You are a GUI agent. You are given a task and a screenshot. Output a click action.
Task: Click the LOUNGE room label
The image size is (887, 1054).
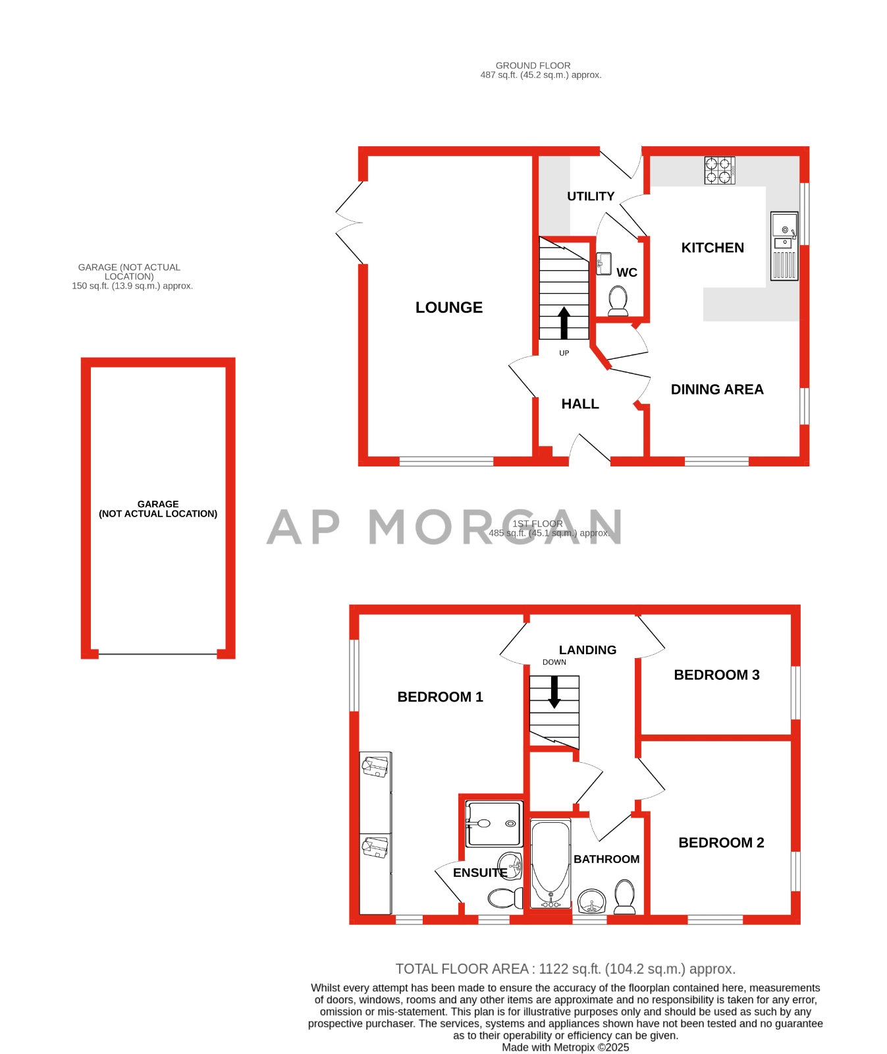point(448,308)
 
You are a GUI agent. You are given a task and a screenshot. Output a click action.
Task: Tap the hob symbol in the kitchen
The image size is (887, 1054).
point(719,170)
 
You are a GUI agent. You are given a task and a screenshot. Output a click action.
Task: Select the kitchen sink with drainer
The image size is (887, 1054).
point(784,246)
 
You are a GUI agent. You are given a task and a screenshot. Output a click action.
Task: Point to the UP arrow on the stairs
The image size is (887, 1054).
point(564,323)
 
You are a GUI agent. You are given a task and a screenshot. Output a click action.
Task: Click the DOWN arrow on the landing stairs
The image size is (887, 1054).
point(554,692)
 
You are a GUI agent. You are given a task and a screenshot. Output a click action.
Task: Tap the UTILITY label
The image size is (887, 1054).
point(590,196)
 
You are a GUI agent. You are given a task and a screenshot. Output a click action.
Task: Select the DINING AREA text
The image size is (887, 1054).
point(716,389)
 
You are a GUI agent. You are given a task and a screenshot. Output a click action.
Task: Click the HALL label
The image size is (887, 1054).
point(579,404)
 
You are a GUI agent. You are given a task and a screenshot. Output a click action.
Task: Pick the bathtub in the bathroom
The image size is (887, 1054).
point(551,864)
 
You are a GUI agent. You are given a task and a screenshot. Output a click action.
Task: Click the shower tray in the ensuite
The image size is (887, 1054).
point(494,823)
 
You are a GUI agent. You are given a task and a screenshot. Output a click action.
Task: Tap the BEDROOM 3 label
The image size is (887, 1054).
point(716,675)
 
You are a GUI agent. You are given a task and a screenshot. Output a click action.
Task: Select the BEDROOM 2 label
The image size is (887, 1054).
point(721,843)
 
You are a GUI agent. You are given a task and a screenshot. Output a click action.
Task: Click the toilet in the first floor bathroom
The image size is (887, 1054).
point(624,897)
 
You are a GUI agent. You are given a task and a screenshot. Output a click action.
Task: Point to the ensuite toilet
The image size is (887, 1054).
point(505,897)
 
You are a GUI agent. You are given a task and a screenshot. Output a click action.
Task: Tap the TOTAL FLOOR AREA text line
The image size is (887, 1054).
point(565,969)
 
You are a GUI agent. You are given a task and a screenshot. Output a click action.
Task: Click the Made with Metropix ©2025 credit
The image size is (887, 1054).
point(565,1047)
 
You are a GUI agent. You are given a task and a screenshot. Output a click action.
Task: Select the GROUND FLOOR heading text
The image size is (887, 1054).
point(533,65)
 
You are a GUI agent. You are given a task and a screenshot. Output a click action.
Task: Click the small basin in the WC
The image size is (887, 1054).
point(603,263)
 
